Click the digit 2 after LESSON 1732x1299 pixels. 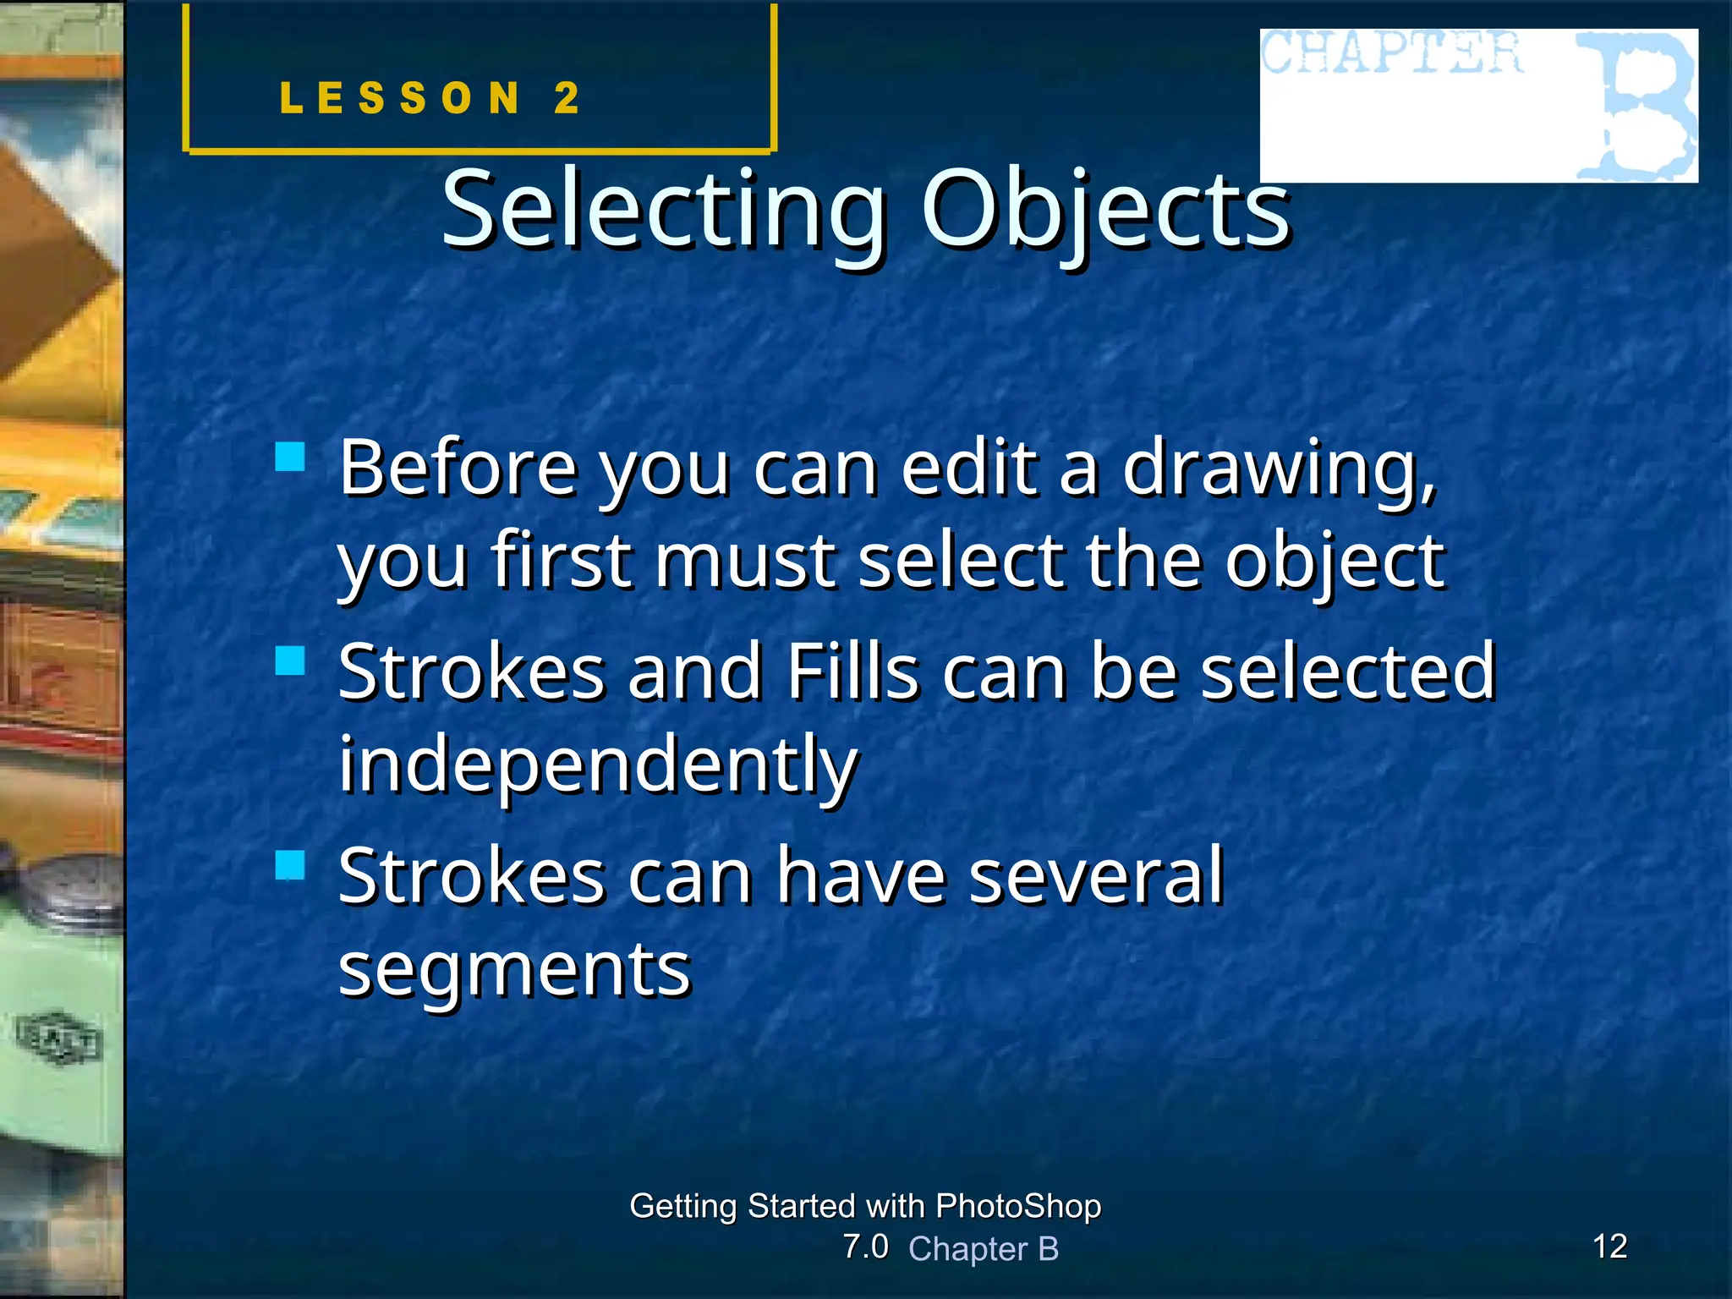(567, 98)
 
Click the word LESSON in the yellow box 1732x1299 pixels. (400, 98)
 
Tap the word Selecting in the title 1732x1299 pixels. (664, 209)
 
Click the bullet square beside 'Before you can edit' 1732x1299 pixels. (290, 457)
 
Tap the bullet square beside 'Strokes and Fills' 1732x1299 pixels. (290, 660)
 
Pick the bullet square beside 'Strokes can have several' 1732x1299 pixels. (290, 865)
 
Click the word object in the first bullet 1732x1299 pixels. (1335, 562)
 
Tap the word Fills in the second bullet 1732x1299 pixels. (852, 672)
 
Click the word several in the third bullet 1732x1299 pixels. (1096, 876)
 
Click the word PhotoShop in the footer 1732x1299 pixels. (1018, 1206)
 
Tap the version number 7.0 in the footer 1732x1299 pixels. (865, 1247)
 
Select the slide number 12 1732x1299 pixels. (1609, 1247)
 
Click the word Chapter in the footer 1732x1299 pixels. (967, 1249)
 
